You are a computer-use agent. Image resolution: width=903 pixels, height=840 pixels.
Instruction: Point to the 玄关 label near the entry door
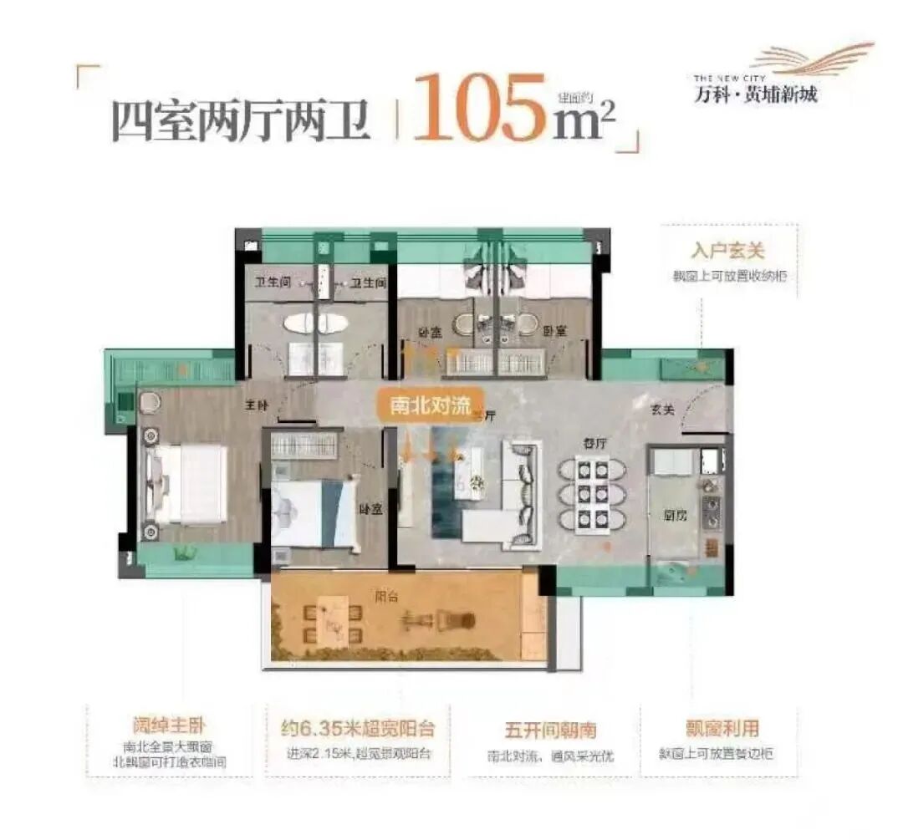pos(664,409)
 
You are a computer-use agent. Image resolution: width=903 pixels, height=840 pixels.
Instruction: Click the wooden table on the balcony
pos(336,620)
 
